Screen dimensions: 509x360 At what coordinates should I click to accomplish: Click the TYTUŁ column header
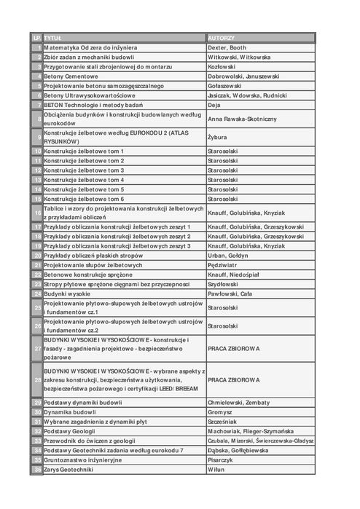53,37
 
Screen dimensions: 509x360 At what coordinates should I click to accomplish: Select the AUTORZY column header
221,37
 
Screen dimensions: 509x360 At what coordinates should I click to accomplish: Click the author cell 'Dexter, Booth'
227,47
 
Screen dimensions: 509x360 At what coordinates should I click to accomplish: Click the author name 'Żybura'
216,136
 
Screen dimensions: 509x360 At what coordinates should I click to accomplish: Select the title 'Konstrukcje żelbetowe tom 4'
84,179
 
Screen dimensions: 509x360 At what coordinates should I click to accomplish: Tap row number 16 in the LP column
37,213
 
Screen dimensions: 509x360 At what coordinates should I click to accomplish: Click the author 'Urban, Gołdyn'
228,256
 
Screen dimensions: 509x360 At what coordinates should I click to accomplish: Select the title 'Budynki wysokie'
67,293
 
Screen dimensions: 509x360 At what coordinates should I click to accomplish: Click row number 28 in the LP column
37,379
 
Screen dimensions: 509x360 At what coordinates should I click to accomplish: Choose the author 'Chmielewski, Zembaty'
239,403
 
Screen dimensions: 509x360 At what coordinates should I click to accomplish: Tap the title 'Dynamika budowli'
69,412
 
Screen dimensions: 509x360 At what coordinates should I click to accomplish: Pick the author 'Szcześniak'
224,422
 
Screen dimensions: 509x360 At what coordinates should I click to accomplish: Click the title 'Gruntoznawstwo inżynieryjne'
82,460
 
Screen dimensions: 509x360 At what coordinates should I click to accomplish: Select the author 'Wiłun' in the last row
217,470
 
